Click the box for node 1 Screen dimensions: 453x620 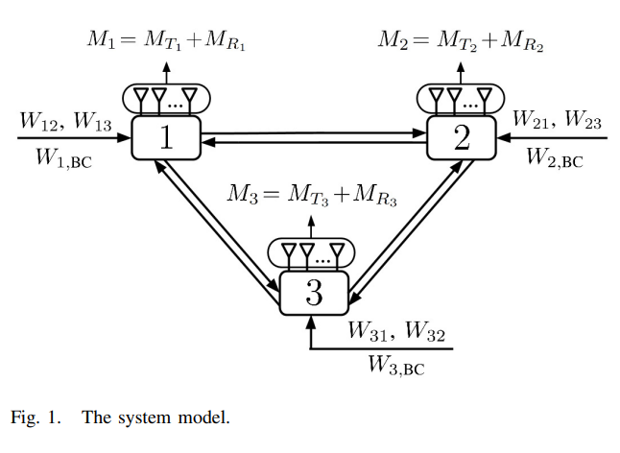pyautogui.click(x=165, y=139)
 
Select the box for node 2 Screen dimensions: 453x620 pyautogui.click(x=462, y=139)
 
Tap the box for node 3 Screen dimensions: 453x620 pyautogui.click(x=314, y=293)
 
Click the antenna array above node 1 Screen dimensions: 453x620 pyautogui.click(x=165, y=98)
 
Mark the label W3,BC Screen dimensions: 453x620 pyautogui.click(x=395, y=366)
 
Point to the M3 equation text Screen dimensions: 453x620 pyautogui.click(x=311, y=194)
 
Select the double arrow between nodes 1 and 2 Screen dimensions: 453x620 pyautogui.click(x=313, y=139)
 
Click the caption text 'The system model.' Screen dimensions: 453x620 pyautogui.click(x=155, y=417)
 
